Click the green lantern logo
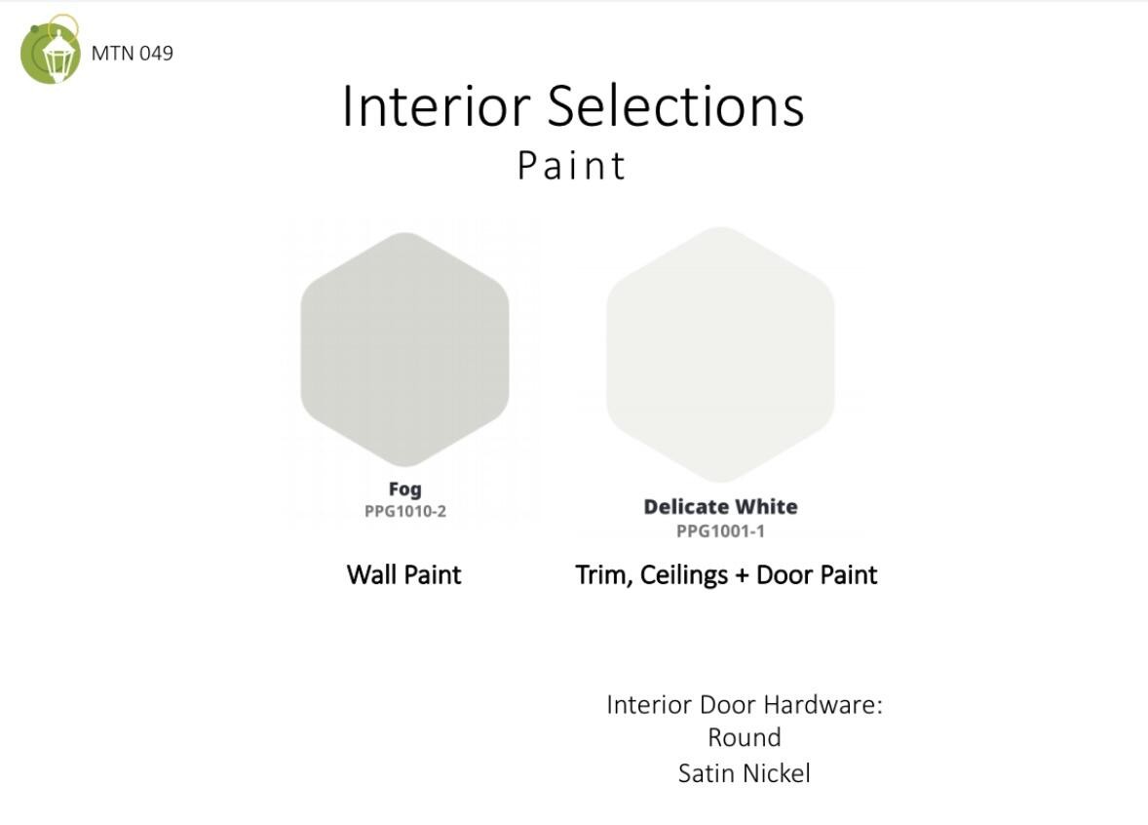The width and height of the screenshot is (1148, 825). coord(50,50)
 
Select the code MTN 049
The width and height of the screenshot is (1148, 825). coord(133,54)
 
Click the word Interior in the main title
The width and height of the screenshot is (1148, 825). coord(437,106)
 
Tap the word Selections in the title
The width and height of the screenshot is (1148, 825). coord(675,106)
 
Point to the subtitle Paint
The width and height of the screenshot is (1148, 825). coord(572,165)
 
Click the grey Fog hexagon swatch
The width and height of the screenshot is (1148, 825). coord(404,349)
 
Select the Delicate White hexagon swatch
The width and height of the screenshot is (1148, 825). coord(720,355)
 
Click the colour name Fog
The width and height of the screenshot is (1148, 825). coord(404,490)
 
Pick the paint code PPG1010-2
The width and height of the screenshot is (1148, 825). coord(405,511)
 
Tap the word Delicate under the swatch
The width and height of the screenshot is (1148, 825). coord(686,506)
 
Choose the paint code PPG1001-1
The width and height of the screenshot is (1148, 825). coord(720,531)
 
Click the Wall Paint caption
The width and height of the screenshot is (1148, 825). coord(404,575)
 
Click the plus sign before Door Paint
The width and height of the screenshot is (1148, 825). coord(742,576)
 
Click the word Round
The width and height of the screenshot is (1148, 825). coord(745,737)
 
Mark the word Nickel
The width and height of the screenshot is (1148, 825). coord(775,773)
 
